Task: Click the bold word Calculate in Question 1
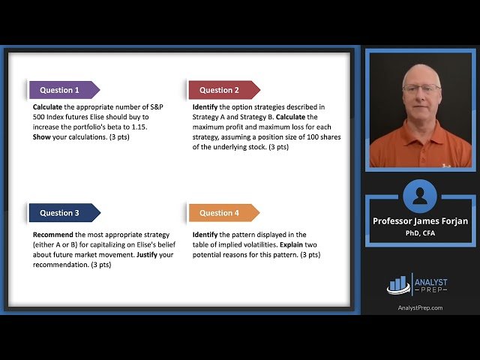point(48,107)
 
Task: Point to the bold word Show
point(42,127)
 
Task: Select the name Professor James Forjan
point(420,221)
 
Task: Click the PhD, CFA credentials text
point(420,232)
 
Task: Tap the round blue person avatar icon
point(420,196)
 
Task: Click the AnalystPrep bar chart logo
point(397,284)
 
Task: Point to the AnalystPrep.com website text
point(420,307)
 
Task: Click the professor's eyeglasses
point(421,88)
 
